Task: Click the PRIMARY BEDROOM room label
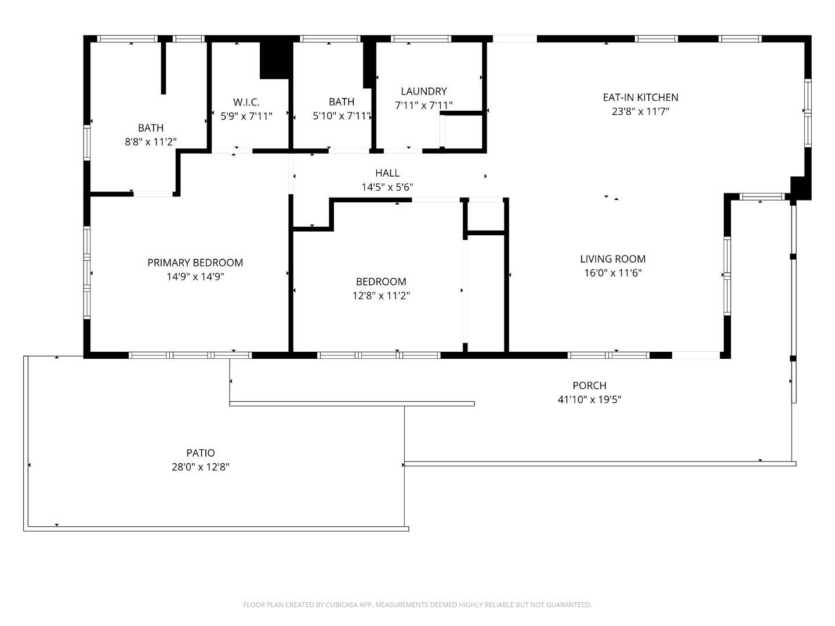(195, 263)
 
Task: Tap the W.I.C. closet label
(246, 102)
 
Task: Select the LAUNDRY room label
(424, 91)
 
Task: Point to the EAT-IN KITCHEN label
(640, 97)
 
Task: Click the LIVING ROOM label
(612, 259)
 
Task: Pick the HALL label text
(387, 173)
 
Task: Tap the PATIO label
(201, 453)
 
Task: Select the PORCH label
(589, 385)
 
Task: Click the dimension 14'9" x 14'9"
(195, 276)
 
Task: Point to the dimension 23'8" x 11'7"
(640, 111)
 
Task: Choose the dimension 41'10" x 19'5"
(589, 399)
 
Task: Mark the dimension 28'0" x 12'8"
(201, 467)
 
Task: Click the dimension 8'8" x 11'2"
(151, 141)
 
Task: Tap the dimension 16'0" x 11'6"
(612, 273)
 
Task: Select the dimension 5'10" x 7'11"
(342, 116)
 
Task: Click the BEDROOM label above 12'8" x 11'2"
(381, 282)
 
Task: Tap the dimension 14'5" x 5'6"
(387, 187)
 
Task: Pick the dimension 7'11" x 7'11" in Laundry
(424, 105)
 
